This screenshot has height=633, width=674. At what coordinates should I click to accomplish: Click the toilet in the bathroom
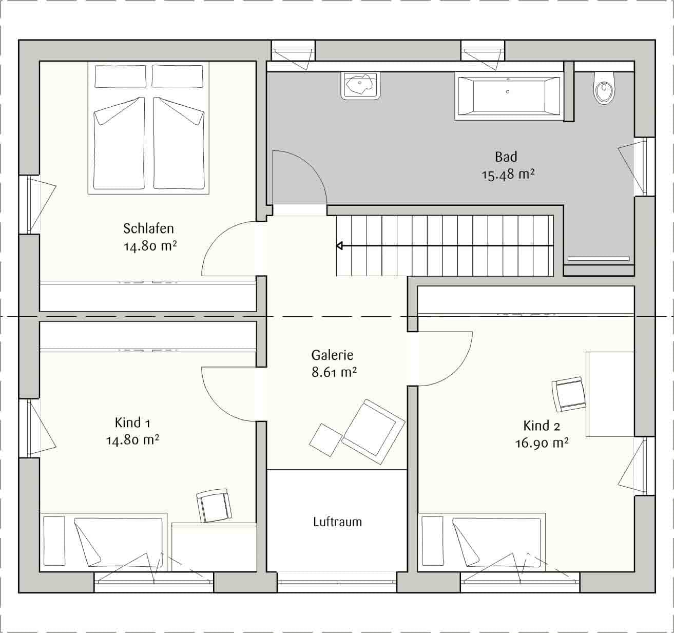coord(604,88)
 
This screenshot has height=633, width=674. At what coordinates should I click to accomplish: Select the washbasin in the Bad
coord(360,86)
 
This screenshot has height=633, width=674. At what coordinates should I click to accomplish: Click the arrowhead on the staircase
coord(339,246)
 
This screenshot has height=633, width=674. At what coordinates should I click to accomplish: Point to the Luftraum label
coord(337,521)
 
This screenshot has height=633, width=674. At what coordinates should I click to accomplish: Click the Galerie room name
coord(332,355)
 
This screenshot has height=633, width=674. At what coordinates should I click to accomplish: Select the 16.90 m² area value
coord(542,443)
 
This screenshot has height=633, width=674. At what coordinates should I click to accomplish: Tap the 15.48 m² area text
coord(508,175)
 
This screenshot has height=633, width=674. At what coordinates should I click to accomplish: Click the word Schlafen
coord(148,228)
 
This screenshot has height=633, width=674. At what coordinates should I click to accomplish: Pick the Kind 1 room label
coord(132,423)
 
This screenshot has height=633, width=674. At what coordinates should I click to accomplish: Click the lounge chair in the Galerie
coord(373,431)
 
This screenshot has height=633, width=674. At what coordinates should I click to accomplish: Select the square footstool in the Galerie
coord(325,440)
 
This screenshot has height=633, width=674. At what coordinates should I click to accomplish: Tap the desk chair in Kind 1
coord(214,505)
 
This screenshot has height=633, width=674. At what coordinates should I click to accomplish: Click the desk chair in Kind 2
coord(568,394)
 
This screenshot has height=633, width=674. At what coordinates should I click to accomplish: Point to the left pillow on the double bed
coord(120,76)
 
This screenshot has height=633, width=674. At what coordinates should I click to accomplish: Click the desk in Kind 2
coord(610,394)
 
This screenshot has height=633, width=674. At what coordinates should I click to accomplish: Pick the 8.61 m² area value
coord(334,372)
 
